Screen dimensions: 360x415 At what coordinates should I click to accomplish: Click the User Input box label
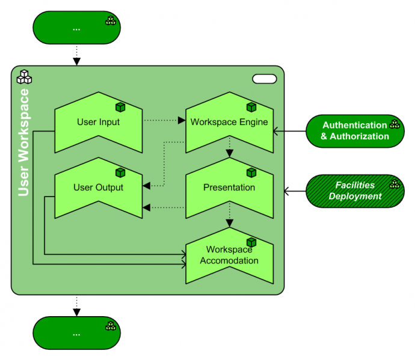point(98,122)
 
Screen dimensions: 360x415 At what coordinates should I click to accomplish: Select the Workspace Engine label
point(229,122)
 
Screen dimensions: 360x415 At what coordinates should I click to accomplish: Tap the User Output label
point(98,188)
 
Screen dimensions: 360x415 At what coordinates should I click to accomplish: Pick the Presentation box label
point(229,188)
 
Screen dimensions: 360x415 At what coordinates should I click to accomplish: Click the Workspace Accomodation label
point(229,255)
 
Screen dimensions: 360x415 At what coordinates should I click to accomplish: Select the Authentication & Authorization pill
point(355,131)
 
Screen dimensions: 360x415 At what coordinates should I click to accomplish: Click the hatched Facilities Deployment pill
point(355,191)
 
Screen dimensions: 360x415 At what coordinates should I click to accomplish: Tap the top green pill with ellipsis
point(76,28)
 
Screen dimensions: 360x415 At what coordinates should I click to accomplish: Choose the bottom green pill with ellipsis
point(76,333)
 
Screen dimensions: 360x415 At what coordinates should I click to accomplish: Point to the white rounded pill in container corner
point(264,79)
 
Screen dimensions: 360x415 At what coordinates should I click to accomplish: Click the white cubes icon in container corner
point(24,77)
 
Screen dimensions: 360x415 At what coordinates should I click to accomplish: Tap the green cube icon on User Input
point(120,107)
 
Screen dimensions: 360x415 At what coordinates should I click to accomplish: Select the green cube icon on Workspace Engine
point(251,107)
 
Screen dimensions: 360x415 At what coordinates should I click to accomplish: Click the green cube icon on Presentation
point(251,172)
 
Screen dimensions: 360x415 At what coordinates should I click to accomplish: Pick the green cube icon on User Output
point(120,172)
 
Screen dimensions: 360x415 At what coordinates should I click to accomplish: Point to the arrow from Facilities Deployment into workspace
point(295,191)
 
